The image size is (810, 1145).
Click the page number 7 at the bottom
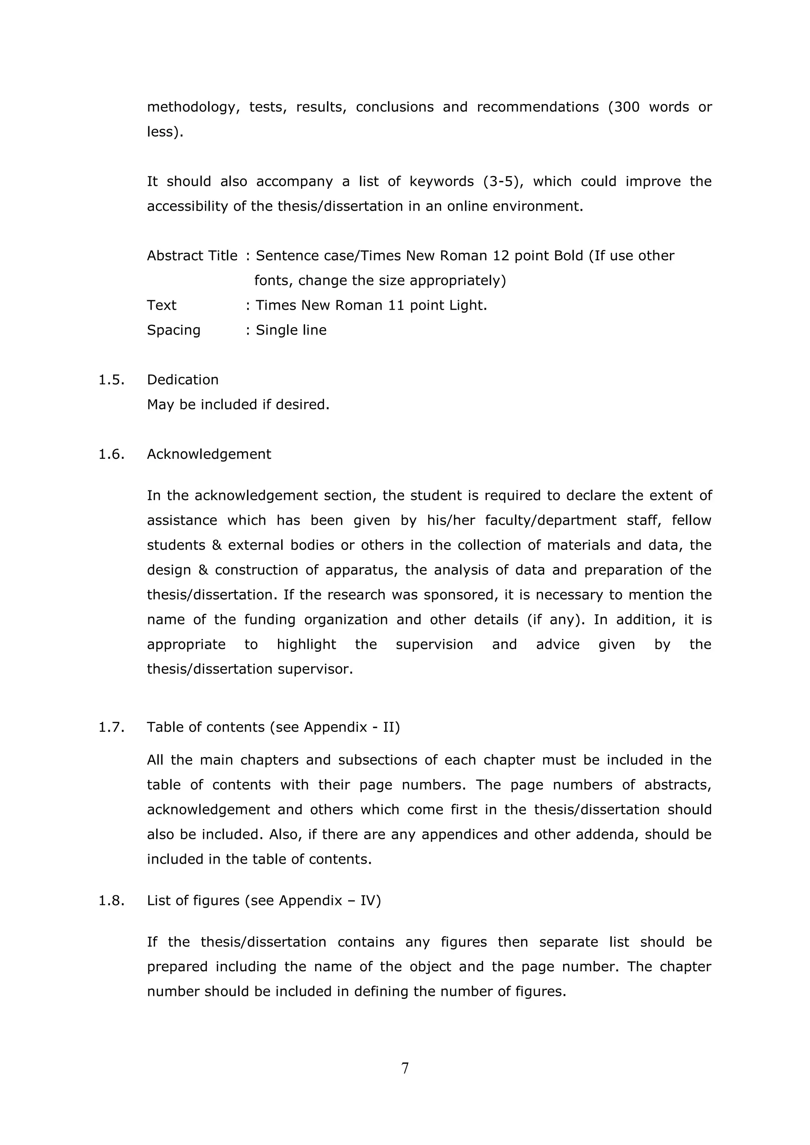pyautogui.click(x=405, y=1068)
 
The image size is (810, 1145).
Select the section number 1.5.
pyautogui.click(x=111, y=380)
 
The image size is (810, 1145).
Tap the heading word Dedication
pyautogui.click(x=183, y=380)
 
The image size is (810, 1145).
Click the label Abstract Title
pyautogui.click(x=192, y=256)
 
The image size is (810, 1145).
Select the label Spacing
pyautogui.click(x=174, y=330)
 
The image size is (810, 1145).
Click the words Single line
pyautogui.click(x=291, y=330)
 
